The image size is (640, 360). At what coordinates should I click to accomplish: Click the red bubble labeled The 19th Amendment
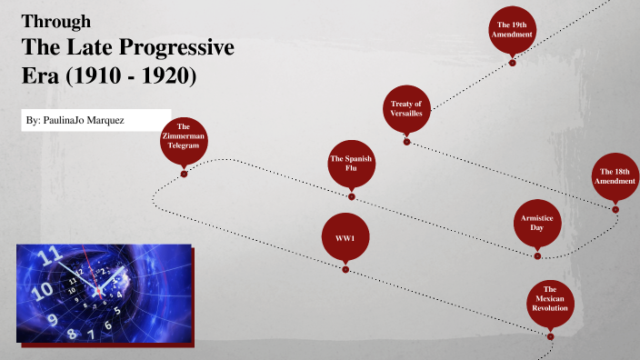click(512, 28)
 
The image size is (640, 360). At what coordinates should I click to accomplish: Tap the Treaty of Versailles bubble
click(405, 108)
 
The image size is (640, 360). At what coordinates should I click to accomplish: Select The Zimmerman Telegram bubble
click(184, 139)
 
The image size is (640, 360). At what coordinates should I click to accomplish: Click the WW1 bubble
click(345, 237)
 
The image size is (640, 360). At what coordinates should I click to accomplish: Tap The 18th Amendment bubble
click(615, 175)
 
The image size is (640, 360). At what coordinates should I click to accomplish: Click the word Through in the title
click(55, 22)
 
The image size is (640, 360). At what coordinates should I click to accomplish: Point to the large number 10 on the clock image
click(42, 291)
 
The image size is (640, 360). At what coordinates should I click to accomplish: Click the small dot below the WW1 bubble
click(345, 269)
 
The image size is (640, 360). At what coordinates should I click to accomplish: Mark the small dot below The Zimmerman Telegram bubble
click(184, 174)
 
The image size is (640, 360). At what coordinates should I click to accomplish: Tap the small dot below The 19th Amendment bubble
click(512, 63)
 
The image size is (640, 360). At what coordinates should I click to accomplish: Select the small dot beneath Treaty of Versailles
click(406, 142)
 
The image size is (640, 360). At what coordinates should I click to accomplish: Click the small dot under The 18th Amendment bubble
click(615, 210)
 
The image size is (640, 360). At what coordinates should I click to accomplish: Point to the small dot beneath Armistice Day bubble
click(537, 258)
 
